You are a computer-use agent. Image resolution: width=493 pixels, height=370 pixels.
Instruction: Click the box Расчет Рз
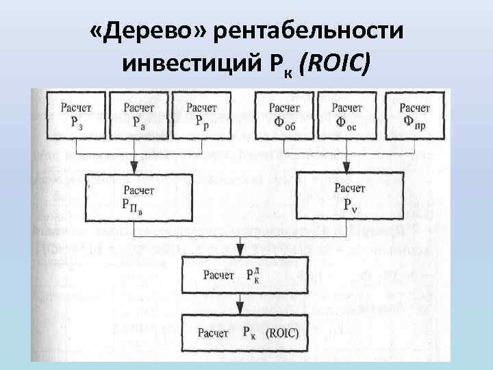tap(76, 115)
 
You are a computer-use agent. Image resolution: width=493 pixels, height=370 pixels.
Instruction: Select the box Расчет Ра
tap(139, 115)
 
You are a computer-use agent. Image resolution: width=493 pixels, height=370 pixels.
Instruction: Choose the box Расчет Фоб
tap(284, 115)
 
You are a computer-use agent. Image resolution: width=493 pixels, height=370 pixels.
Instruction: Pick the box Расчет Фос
tap(348, 115)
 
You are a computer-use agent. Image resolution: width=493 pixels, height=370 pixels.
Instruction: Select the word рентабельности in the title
tap(308, 32)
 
